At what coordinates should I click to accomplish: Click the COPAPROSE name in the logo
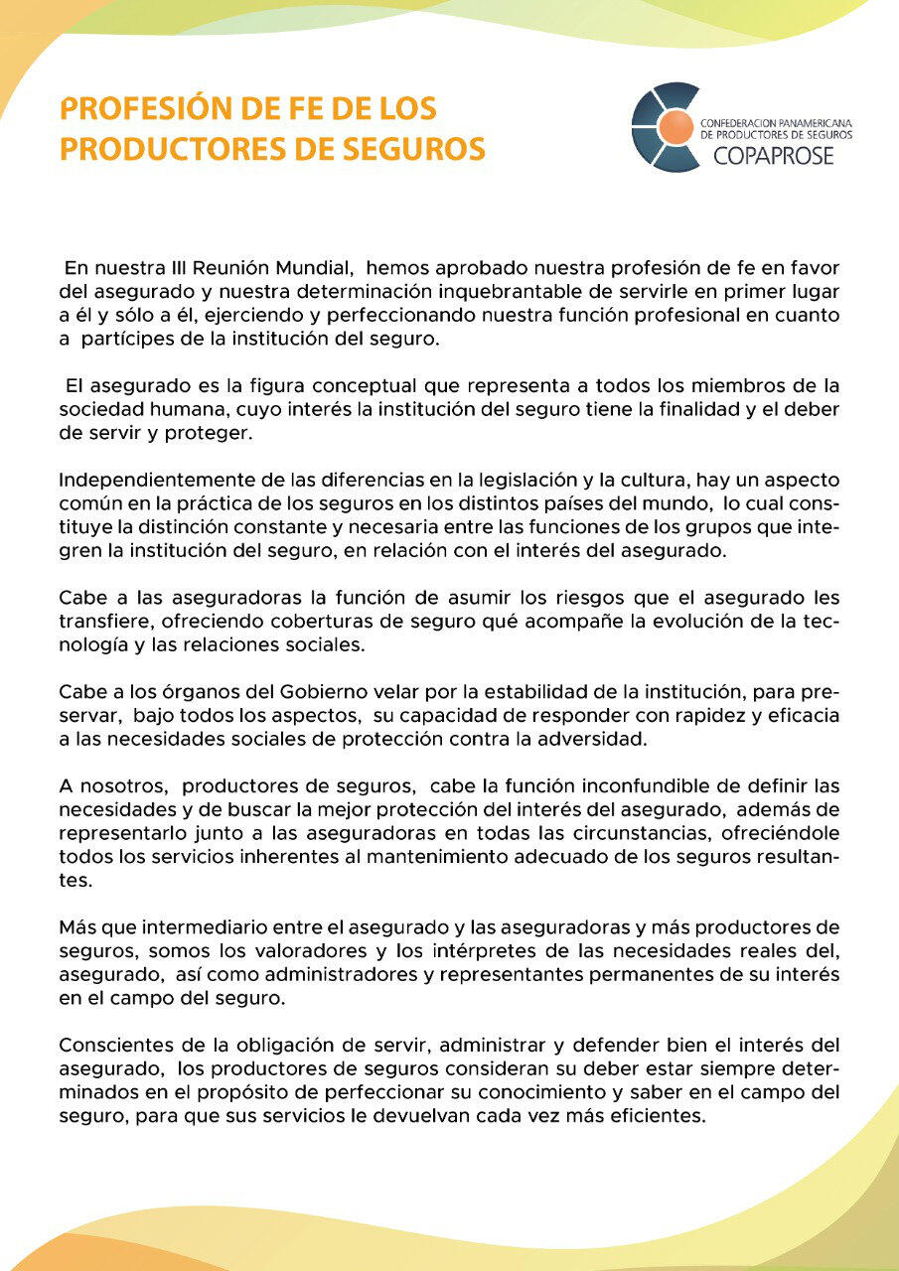(x=774, y=156)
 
